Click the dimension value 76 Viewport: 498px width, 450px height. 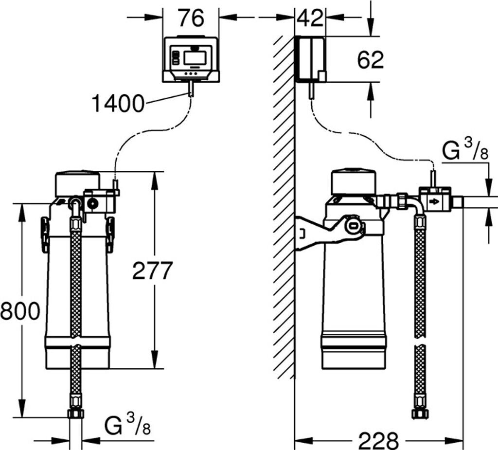191,18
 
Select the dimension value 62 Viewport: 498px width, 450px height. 370,59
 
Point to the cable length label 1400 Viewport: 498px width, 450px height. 118,103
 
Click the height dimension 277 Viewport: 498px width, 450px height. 152,270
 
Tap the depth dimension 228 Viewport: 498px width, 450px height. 378,440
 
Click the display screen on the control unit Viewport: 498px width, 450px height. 195,57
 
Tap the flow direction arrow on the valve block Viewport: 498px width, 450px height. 434,201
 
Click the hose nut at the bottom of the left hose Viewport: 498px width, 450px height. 76,414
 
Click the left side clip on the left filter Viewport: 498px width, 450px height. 45,235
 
